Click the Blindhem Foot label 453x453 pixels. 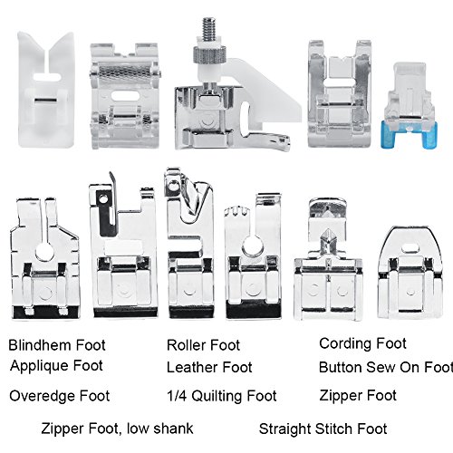tap(57, 345)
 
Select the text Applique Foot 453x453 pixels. tap(56, 366)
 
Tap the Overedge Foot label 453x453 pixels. tap(60, 396)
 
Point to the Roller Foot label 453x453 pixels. tap(203, 345)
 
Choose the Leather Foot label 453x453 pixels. tap(209, 368)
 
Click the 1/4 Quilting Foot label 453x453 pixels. tap(222, 396)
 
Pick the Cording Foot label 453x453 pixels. tap(362, 343)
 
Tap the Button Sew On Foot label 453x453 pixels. tap(386, 367)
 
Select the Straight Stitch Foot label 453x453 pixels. tap(323, 429)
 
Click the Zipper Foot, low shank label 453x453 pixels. tap(117, 429)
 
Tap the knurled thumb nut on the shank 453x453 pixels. tap(209, 53)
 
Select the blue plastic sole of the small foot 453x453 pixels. tap(408, 133)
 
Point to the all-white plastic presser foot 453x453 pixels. tap(45, 90)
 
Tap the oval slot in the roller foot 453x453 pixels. tap(125, 96)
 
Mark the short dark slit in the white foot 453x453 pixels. tap(45, 101)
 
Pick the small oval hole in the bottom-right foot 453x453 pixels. tap(410, 248)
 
